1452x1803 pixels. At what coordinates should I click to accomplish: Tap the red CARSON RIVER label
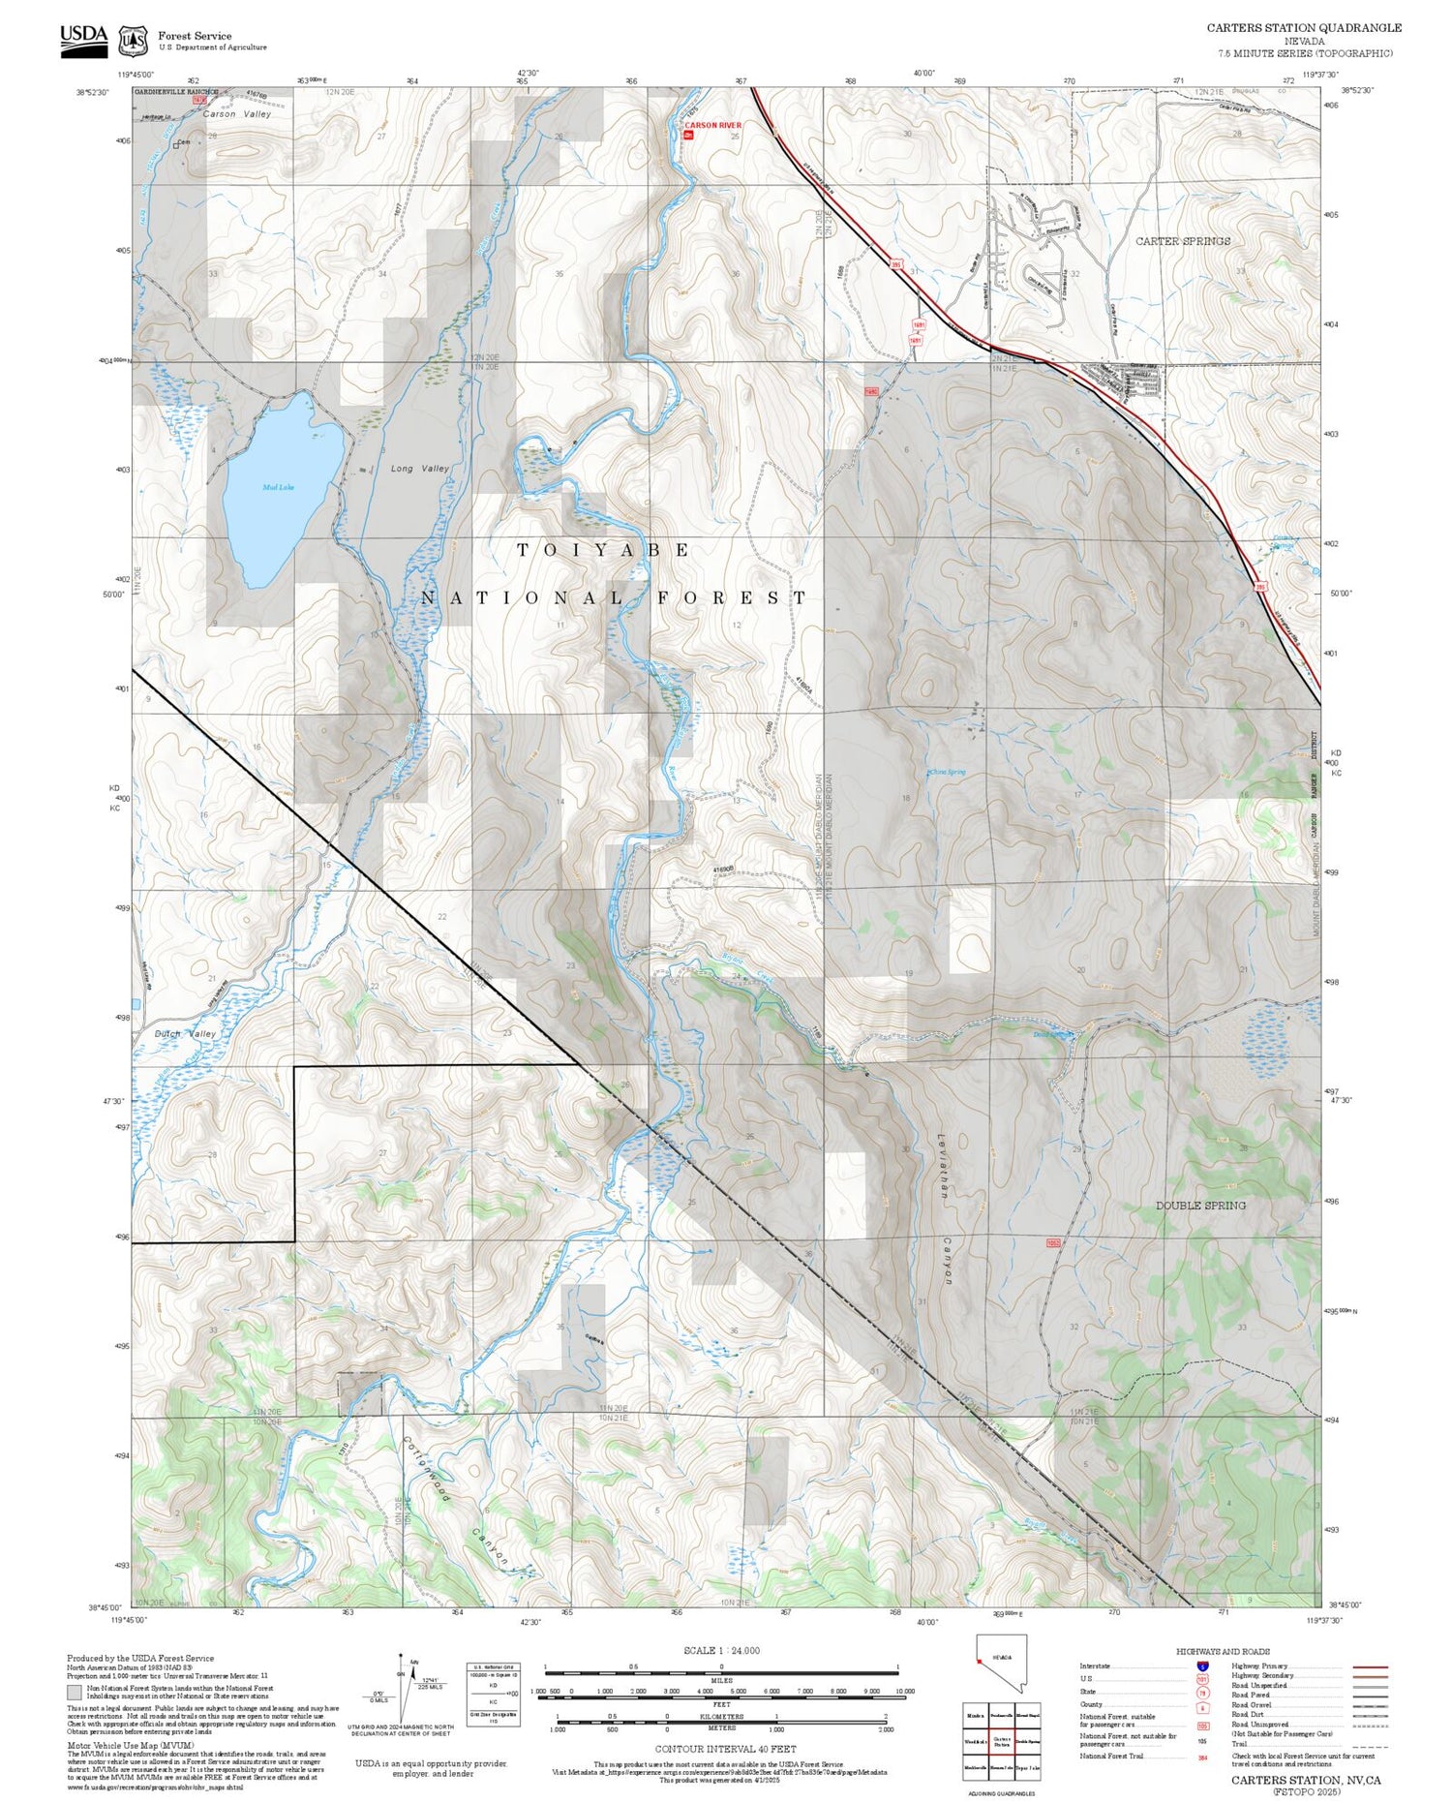pos(712,126)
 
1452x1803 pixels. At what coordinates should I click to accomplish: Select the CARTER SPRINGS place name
pos(1183,241)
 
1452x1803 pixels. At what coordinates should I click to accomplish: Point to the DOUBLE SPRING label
pos(1200,1206)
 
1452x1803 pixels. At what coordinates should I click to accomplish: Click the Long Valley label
pos(420,469)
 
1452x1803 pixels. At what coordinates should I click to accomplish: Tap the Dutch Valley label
pos(186,1034)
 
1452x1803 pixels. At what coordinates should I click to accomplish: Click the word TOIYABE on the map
pos(603,550)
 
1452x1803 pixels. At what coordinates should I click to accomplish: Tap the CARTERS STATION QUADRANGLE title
pos(1303,28)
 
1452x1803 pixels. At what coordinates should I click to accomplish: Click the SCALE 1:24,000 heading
pos(721,1651)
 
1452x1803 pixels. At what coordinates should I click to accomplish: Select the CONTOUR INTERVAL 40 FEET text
pos(725,1749)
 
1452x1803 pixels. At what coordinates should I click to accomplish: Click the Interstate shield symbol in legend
pos(1202,1665)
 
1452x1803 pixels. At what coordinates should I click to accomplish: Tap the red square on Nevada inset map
pos(980,1662)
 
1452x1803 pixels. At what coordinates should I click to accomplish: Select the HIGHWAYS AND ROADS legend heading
pos(1223,1652)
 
